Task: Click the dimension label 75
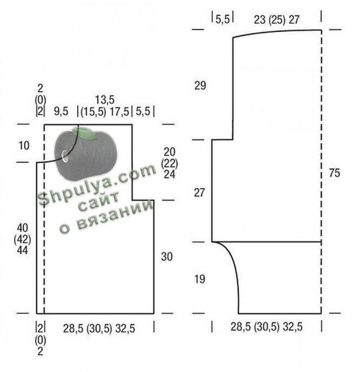pyautogui.click(x=334, y=173)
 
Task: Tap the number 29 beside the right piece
pyautogui.click(x=200, y=85)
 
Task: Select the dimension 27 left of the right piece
pyautogui.click(x=199, y=192)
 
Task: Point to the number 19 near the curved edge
pyautogui.click(x=200, y=279)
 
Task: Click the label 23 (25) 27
pyautogui.click(x=277, y=20)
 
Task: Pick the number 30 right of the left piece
pyautogui.click(x=167, y=257)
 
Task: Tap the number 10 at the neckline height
pyautogui.click(x=24, y=146)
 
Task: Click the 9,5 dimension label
pyautogui.click(x=61, y=111)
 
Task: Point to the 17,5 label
pyautogui.click(x=119, y=112)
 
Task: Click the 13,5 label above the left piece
pyautogui.click(x=105, y=100)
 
